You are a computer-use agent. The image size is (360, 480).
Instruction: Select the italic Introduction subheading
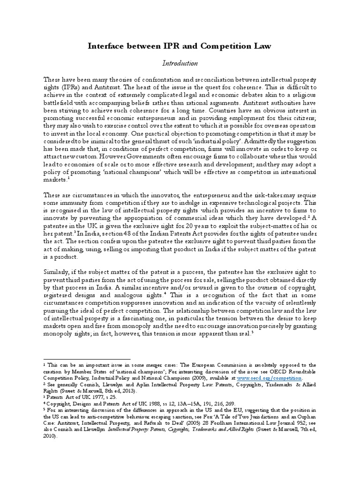click(180, 63)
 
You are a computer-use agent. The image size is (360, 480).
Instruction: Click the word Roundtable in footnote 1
click(302, 371)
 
